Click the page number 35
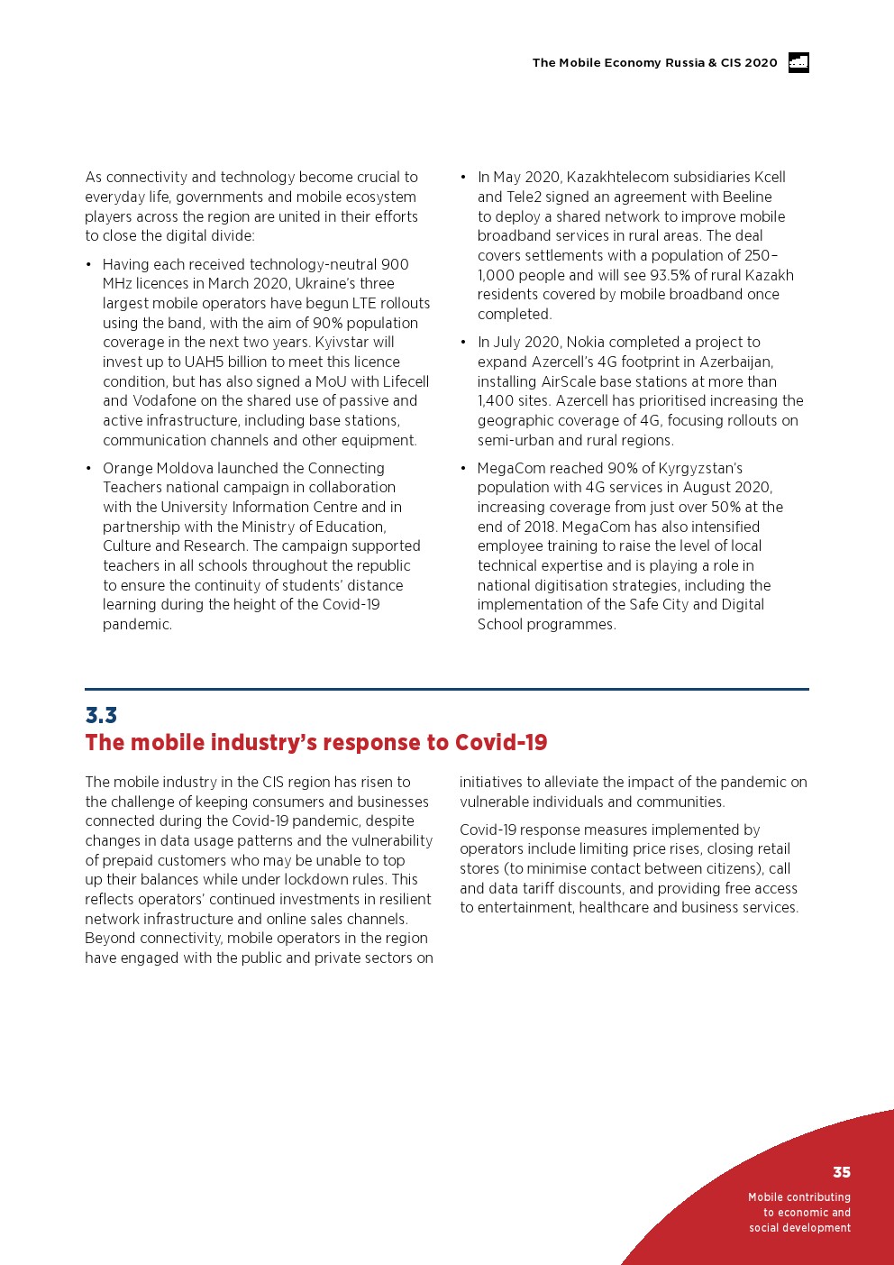point(841,1172)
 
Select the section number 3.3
point(101,715)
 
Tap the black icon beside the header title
point(798,62)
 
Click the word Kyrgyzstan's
point(695,468)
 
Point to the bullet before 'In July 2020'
point(463,342)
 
